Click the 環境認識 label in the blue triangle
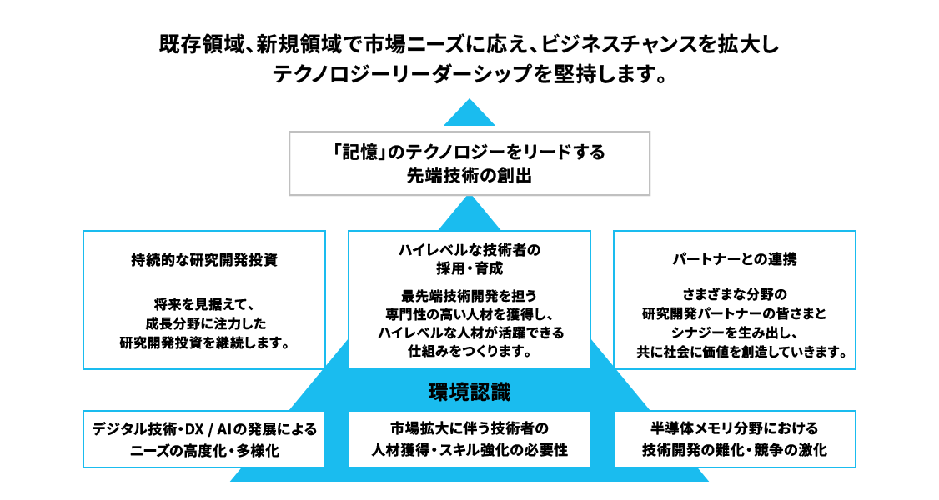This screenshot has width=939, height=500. [x=469, y=391]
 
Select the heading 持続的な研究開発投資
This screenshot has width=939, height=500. [x=204, y=259]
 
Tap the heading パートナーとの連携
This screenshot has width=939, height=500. [x=735, y=259]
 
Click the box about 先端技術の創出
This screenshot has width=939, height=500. [x=469, y=164]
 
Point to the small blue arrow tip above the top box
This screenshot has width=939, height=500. [x=469, y=113]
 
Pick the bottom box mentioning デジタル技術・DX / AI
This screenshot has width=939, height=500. [x=204, y=439]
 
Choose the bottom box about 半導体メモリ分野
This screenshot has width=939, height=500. [x=735, y=439]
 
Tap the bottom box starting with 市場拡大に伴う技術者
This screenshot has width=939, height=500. [x=469, y=439]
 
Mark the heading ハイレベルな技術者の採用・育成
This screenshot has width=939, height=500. [x=469, y=258]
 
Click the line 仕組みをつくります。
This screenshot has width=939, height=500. [x=469, y=351]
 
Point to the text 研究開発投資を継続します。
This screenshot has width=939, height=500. [x=204, y=342]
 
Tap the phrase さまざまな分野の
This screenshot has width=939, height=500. [x=735, y=293]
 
